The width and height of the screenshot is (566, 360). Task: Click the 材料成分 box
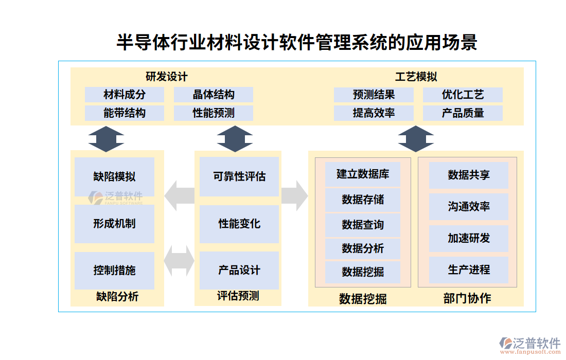[x=125, y=95]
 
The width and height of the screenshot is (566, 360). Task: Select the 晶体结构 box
[x=214, y=95]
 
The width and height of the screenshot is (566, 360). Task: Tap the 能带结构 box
[x=125, y=113]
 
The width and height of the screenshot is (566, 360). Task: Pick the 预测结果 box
[x=374, y=95]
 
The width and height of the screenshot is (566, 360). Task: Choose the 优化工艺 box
[x=463, y=95]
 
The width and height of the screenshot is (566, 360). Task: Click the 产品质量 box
[x=463, y=113]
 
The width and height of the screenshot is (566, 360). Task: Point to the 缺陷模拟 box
[x=114, y=176]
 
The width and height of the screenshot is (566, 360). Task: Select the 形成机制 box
[x=114, y=224]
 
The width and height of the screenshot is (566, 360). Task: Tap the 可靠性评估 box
[x=239, y=176]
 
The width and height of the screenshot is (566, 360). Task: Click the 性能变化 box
[x=239, y=224]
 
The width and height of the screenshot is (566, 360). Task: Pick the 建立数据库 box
[x=363, y=174]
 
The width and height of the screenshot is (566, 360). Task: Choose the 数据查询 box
[x=363, y=225]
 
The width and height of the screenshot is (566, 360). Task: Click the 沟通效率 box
[x=469, y=207]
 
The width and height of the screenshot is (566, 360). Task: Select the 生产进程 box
[x=469, y=269]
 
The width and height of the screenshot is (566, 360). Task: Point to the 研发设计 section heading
[x=167, y=77]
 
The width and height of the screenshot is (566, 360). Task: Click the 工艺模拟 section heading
[x=416, y=77]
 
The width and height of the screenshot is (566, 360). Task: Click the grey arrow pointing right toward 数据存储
[x=294, y=195]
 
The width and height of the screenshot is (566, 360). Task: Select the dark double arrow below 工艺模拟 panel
[x=416, y=138]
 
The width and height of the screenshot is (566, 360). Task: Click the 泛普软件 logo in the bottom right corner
[x=530, y=344]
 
